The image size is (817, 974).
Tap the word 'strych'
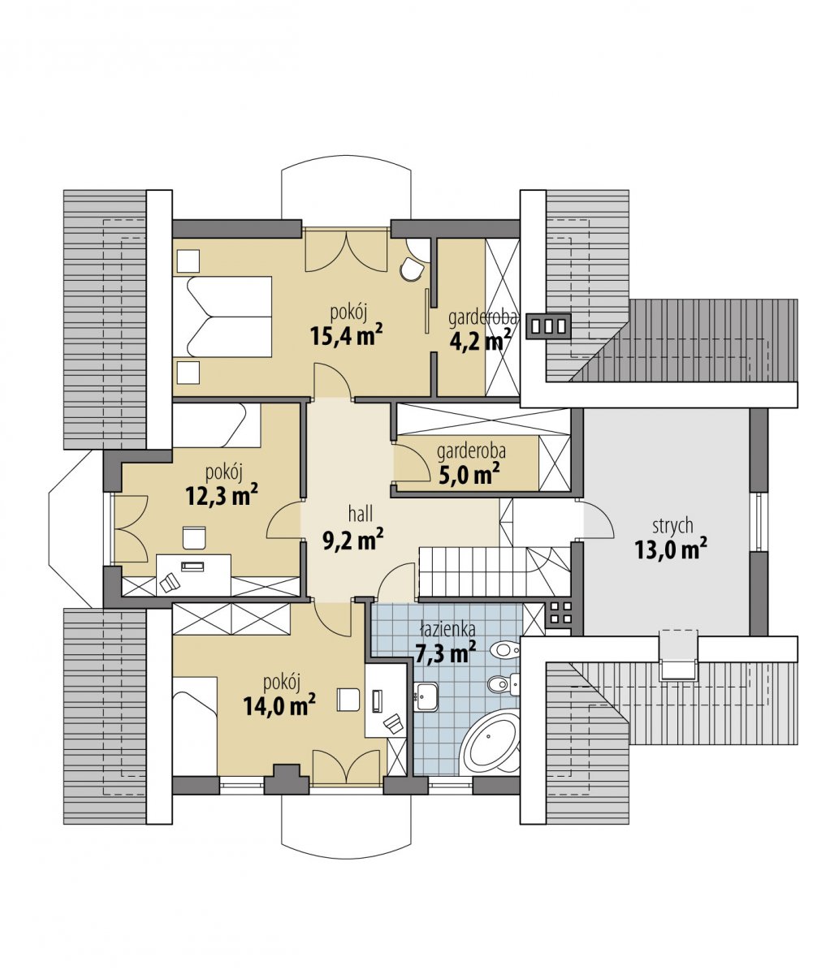tap(672, 527)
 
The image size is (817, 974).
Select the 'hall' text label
tap(361, 514)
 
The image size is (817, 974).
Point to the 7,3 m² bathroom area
tap(445, 651)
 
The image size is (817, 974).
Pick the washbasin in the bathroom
tap(425, 697)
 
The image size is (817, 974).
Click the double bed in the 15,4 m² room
tap(222, 317)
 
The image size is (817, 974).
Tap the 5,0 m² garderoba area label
tap(469, 475)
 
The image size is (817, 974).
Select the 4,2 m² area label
tap(480, 342)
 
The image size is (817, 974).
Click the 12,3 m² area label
tap(222, 495)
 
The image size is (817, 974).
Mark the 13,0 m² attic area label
tap(670, 549)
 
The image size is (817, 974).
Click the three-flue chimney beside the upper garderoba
tap(548, 325)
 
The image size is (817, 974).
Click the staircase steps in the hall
tap(495, 571)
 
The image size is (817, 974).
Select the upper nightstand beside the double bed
tap(188, 261)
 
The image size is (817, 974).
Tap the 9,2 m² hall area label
tap(353, 538)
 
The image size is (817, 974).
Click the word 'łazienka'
tap(447, 630)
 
